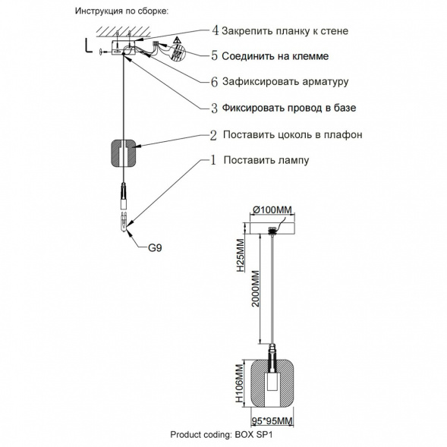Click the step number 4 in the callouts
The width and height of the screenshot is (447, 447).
pos(215,30)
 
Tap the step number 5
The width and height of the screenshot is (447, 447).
pos(215,55)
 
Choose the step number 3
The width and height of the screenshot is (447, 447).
pos(215,108)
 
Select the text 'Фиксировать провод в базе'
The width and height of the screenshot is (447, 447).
pos(289,108)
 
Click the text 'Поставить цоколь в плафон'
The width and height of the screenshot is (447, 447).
pos(291,134)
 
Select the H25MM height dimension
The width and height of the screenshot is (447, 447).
pos(239,253)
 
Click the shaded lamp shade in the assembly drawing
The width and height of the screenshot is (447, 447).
pos(121,152)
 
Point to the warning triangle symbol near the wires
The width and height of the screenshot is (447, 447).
pos(175,39)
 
